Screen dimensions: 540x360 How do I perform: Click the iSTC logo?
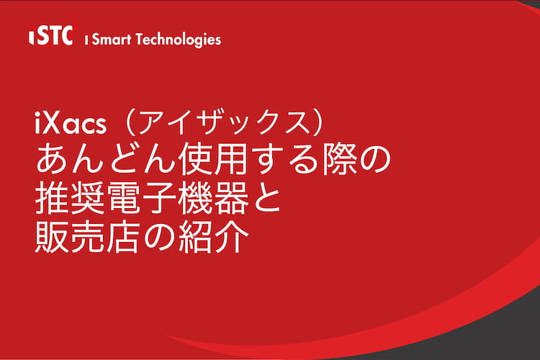coord(52,35)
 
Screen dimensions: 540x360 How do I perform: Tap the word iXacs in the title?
coord(71,124)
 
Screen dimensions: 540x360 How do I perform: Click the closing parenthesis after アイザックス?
coord(319,123)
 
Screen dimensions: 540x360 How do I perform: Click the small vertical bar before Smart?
coord(86,40)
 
